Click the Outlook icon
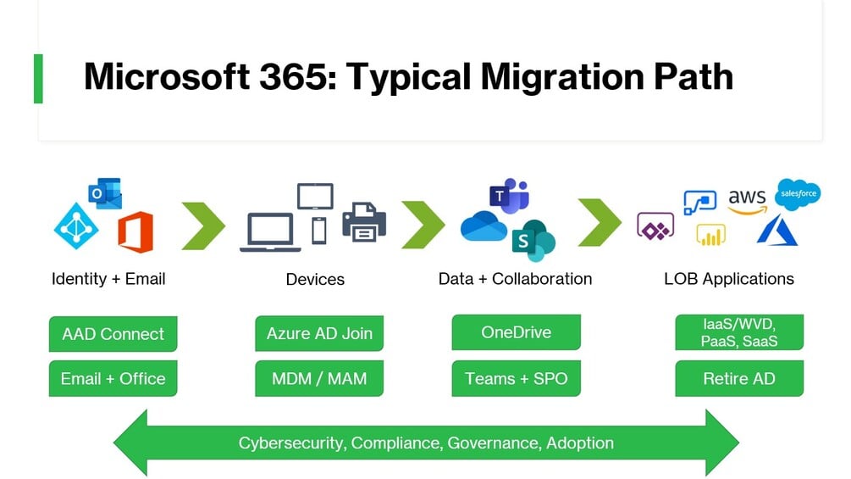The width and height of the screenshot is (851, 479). click(106, 194)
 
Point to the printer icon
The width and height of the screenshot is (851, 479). click(364, 221)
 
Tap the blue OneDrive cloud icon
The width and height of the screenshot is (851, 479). click(484, 226)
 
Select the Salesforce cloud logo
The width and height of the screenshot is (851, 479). click(797, 194)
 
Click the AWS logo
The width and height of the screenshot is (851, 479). click(747, 202)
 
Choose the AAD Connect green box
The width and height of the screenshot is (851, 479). click(113, 334)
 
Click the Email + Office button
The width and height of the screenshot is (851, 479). click(113, 379)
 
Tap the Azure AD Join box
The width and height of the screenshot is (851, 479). click(319, 333)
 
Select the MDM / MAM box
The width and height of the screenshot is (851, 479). click(319, 379)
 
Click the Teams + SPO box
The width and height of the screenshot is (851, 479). click(517, 379)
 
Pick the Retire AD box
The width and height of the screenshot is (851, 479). click(739, 379)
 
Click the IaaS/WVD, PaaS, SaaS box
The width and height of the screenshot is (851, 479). click(739, 332)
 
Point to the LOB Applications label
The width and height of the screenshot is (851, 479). click(729, 279)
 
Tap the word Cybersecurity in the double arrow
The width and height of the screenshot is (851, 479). click(291, 443)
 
